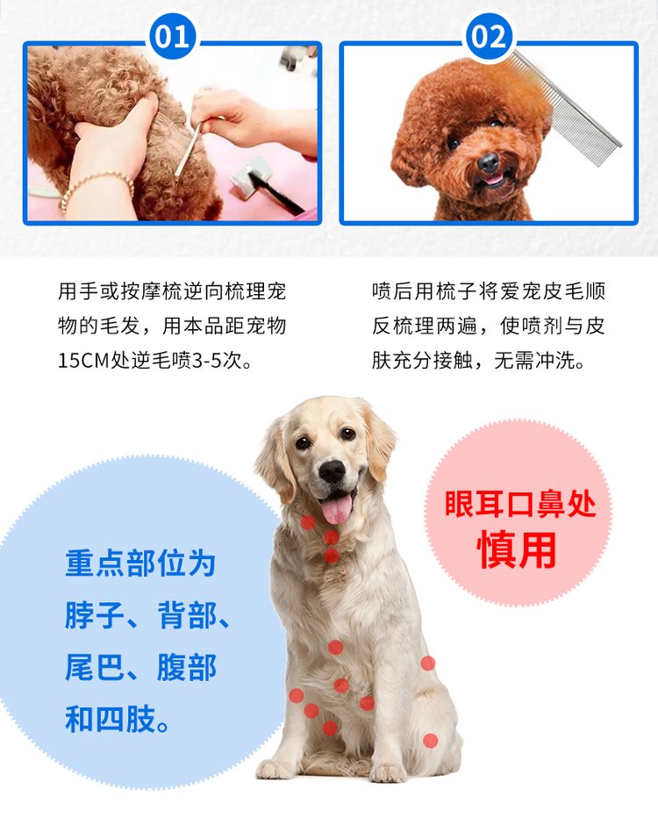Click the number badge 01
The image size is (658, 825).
[173, 36]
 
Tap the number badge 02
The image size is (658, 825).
[490, 36]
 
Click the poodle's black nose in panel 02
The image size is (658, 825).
[488, 162]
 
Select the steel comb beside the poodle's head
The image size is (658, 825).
[568, 108]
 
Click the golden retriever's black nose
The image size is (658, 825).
[333, 470]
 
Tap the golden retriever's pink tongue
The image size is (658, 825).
[337, 509]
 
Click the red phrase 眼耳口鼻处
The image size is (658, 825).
[520, 504]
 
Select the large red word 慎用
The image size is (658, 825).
[517, 549]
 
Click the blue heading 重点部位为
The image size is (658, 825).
[140, 563]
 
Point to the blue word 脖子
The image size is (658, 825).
[95, 615]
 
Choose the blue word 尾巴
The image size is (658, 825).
[95, 667]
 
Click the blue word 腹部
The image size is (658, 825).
[187, 667]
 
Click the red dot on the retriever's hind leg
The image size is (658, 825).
[430, 741]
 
